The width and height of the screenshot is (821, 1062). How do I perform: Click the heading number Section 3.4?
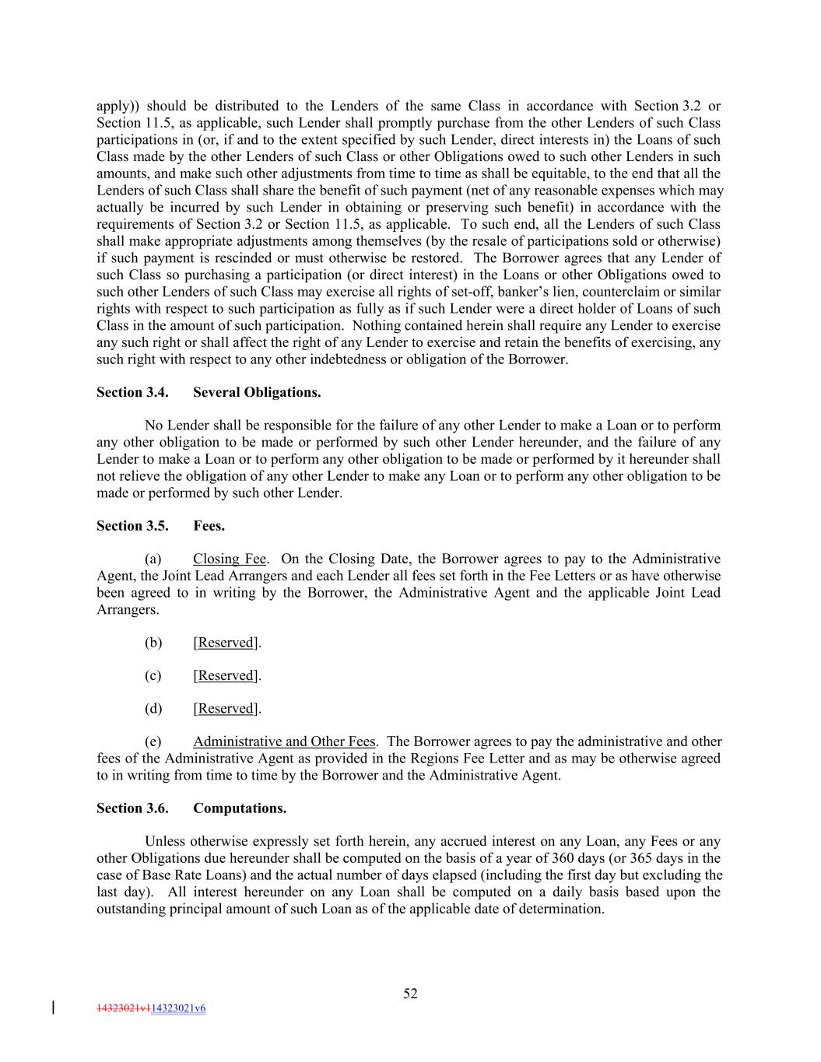coord(132,392)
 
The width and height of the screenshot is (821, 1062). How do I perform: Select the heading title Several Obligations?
coord(257,392)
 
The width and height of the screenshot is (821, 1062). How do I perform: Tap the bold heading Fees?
coord(209,526)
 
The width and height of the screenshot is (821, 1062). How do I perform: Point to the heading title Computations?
coord(240,808)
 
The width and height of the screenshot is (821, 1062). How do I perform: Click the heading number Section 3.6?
coord(132,808)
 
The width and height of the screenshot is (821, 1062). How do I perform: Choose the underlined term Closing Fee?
coord(230,559)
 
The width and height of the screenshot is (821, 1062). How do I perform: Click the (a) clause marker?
coord(153,559)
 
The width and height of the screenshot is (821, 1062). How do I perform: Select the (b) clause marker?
coord(153,643)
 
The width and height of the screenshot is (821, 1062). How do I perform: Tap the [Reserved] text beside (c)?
coord(226,676)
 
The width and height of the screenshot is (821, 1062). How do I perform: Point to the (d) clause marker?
coord(153,709)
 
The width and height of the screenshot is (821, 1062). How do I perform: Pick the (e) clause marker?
coord(153,742)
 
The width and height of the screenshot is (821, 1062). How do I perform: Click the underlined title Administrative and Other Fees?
coord(284,742)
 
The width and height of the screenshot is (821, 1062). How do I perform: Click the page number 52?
coord(410,994)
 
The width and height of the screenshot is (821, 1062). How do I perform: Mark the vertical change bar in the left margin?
coord(53,1008)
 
